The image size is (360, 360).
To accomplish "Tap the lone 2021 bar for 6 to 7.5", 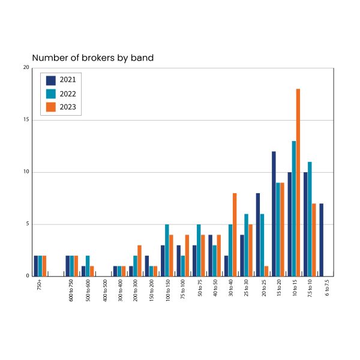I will (x=322, y=240).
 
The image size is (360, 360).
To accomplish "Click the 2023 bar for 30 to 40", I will (x=235, y=235).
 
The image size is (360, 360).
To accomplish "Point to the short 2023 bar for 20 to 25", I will (x=266, y=271).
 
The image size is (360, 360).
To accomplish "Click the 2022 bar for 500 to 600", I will (x=88, y=266).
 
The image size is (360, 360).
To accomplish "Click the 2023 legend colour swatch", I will (x=51, y=108).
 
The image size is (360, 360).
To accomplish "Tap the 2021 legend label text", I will (x=67, y=80).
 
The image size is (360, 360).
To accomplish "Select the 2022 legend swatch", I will (x=51, y=94).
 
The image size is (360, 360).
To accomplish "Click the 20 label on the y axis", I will (x=26, y=68).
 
